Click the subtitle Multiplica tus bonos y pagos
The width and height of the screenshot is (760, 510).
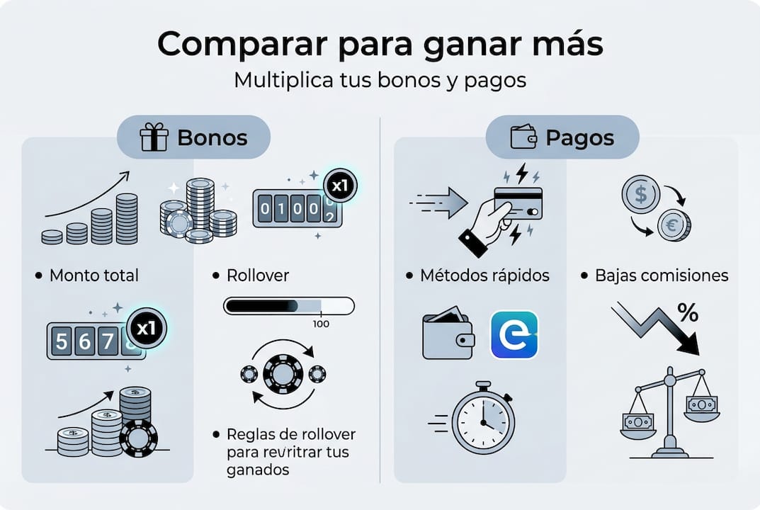tap(380, 80)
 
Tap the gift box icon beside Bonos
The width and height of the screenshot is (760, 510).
tap(154, 137)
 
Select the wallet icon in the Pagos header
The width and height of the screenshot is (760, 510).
tap(523, 137)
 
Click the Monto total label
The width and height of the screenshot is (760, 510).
tap(94, 275)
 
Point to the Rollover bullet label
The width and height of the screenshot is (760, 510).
tap(257, 275)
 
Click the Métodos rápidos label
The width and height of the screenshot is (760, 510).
tap(485, 275)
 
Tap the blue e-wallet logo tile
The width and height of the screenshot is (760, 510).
tap(514, 334)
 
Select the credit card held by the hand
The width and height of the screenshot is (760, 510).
tap(518, 203)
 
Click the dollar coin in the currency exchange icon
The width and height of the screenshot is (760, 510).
tap(640, 194)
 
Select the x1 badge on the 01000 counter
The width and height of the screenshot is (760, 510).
tap(339, 186)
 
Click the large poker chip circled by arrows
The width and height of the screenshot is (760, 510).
tap(283, 373)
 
